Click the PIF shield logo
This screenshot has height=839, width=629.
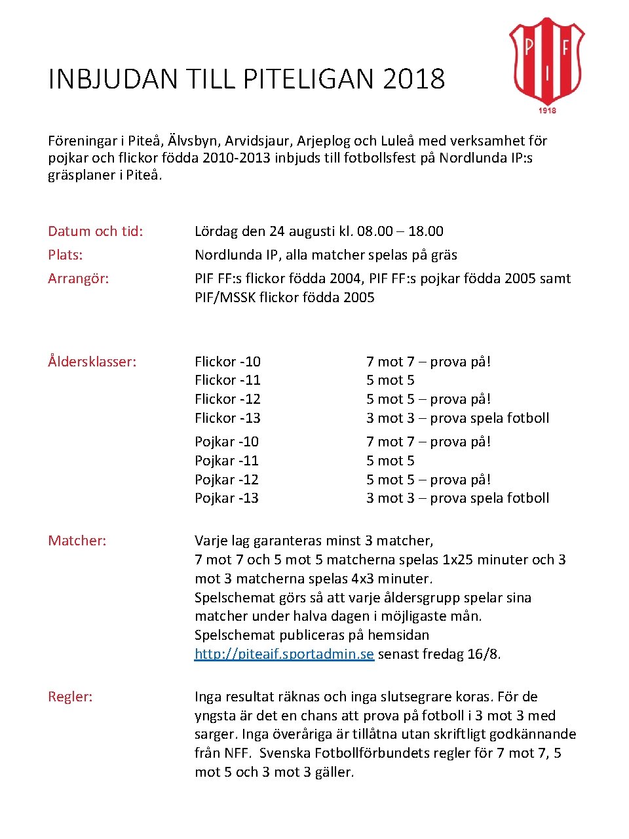pyautogui.click(x=546, y=60)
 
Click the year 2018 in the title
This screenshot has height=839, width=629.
pyautogui.click(x=413, y=79)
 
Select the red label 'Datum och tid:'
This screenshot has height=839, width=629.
pyautogui.click(x=95, y=231)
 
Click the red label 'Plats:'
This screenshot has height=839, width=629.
pyautogui.click(x=65, y=255)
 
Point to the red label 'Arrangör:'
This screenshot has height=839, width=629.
pyautogui.click(x=78, y=279)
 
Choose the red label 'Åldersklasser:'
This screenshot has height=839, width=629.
pyautogui.click(x=92, y=362)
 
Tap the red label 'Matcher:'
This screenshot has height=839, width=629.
pyautogui.click(x=77, y=541)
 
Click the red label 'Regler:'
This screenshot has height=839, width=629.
pyautogui.click(x=70, y=697)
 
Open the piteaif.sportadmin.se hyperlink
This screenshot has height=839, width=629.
pyautogui.click(x=284, y=654)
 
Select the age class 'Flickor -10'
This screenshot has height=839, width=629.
pyautogui.click(x=227, y=362)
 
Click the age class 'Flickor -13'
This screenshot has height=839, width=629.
pyautogui.click(x=227, y=418)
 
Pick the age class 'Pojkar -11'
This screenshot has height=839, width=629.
pyautogui.click(x=226, y=461)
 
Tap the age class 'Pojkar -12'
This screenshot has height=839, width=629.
pyautogui.click(x=226, y=480)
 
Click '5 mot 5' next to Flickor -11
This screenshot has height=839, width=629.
pyautogui.click(x=390, y=380)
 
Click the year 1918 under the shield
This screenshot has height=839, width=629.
pyautogui.click(x=547, y=110)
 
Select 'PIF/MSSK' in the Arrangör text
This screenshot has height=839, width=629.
pyautogui.click(x=225, y=298)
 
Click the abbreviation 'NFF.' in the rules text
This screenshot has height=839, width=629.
pyautogui.click(x=238, y=753)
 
